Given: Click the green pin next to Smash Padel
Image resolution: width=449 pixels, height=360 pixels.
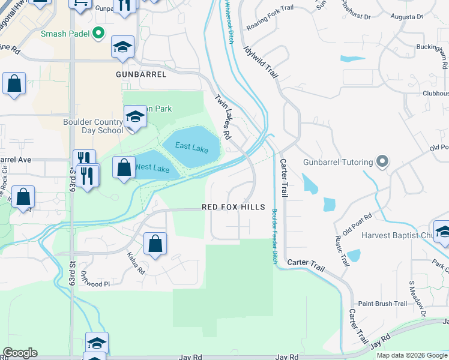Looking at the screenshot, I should (98, 34).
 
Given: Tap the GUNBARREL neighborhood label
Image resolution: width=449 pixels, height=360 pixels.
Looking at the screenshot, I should (140, 74).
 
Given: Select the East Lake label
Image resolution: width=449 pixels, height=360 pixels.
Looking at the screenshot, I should (191, 146).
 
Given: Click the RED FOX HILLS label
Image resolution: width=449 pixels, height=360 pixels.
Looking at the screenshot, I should (233, 207).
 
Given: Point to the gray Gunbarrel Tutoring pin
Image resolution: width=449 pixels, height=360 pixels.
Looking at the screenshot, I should (379, 161).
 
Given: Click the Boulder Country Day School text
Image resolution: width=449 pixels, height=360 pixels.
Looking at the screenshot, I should (93, 126).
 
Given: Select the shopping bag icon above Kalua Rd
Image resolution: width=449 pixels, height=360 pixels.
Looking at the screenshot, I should (155, 244).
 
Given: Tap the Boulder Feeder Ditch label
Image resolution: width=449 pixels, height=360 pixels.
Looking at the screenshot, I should (275, 236).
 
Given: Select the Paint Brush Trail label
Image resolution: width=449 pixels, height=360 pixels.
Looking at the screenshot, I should (382, 304).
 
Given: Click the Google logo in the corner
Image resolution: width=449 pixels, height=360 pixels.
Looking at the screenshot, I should (20, 353).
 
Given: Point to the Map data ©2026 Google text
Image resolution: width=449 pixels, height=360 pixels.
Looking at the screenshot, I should (412, 355).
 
